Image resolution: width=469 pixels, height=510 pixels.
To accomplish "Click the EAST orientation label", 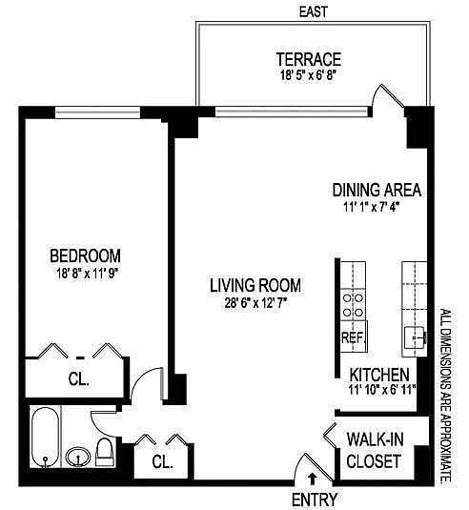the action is point(314,11).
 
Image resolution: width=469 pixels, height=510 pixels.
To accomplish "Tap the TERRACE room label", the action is point(309,59).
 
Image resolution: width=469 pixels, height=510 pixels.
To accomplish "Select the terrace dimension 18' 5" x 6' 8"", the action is point(308,75).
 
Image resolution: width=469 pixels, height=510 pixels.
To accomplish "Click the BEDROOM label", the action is point(85,255).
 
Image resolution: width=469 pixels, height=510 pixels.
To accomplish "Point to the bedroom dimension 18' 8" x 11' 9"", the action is point(87,274).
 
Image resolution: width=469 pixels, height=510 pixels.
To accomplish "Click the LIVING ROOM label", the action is point(255,285).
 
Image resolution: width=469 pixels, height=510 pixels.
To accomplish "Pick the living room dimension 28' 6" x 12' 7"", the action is point(255,303).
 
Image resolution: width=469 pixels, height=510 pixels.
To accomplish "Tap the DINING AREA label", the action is point(377,190).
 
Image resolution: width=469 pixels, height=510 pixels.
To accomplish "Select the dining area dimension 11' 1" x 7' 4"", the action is point(371,207).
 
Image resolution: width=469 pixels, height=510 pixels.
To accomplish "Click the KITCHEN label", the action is point(379,375).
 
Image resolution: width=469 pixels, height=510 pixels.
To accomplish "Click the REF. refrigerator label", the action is point(354,337).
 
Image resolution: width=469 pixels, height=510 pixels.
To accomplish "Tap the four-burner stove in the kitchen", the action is point(354,305).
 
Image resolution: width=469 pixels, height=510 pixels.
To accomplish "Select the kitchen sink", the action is point(415,337).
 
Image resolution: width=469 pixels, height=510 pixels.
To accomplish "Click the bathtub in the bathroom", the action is point(46,438).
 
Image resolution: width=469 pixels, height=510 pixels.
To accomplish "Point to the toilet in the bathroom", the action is point(105,452).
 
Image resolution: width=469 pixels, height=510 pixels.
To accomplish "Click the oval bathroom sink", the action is point(78,457).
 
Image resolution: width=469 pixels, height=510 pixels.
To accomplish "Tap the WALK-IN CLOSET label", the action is point(374,450).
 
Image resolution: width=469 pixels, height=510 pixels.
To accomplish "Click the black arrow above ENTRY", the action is point(313,479).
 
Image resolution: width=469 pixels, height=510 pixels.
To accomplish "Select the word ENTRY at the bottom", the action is point(315,500).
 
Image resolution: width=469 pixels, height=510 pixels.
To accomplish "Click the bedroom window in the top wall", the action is point(97,112).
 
